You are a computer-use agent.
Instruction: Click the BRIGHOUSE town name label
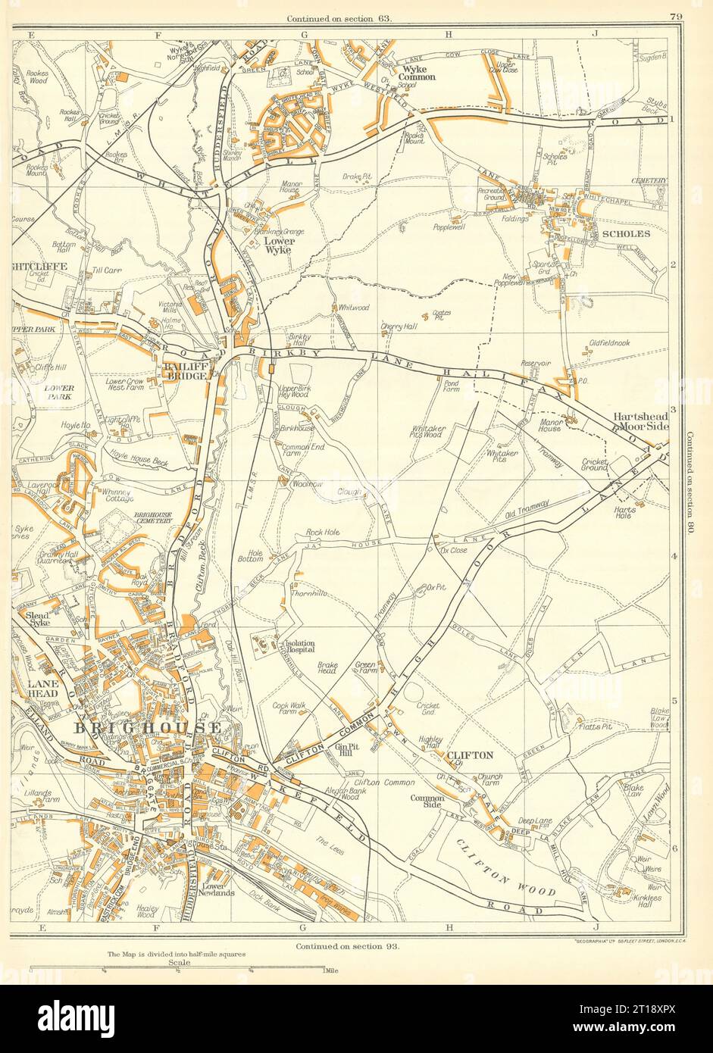pos(147,728)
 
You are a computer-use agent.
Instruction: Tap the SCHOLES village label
pos(625,234)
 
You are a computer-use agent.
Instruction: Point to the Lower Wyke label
pos(280,246)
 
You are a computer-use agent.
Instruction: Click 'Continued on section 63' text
pos(339,17)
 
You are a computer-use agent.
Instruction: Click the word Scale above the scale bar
pos(180,962)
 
